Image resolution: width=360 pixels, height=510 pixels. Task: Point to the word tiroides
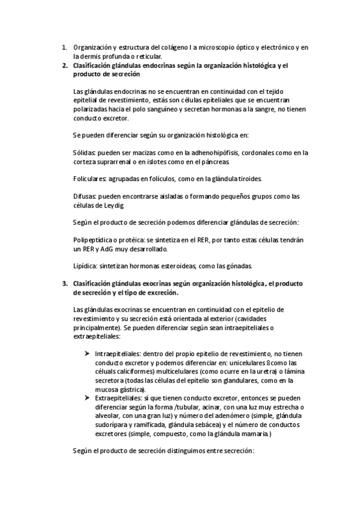pos(248,179)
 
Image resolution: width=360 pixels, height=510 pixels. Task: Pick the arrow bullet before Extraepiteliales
pos(88,398)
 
